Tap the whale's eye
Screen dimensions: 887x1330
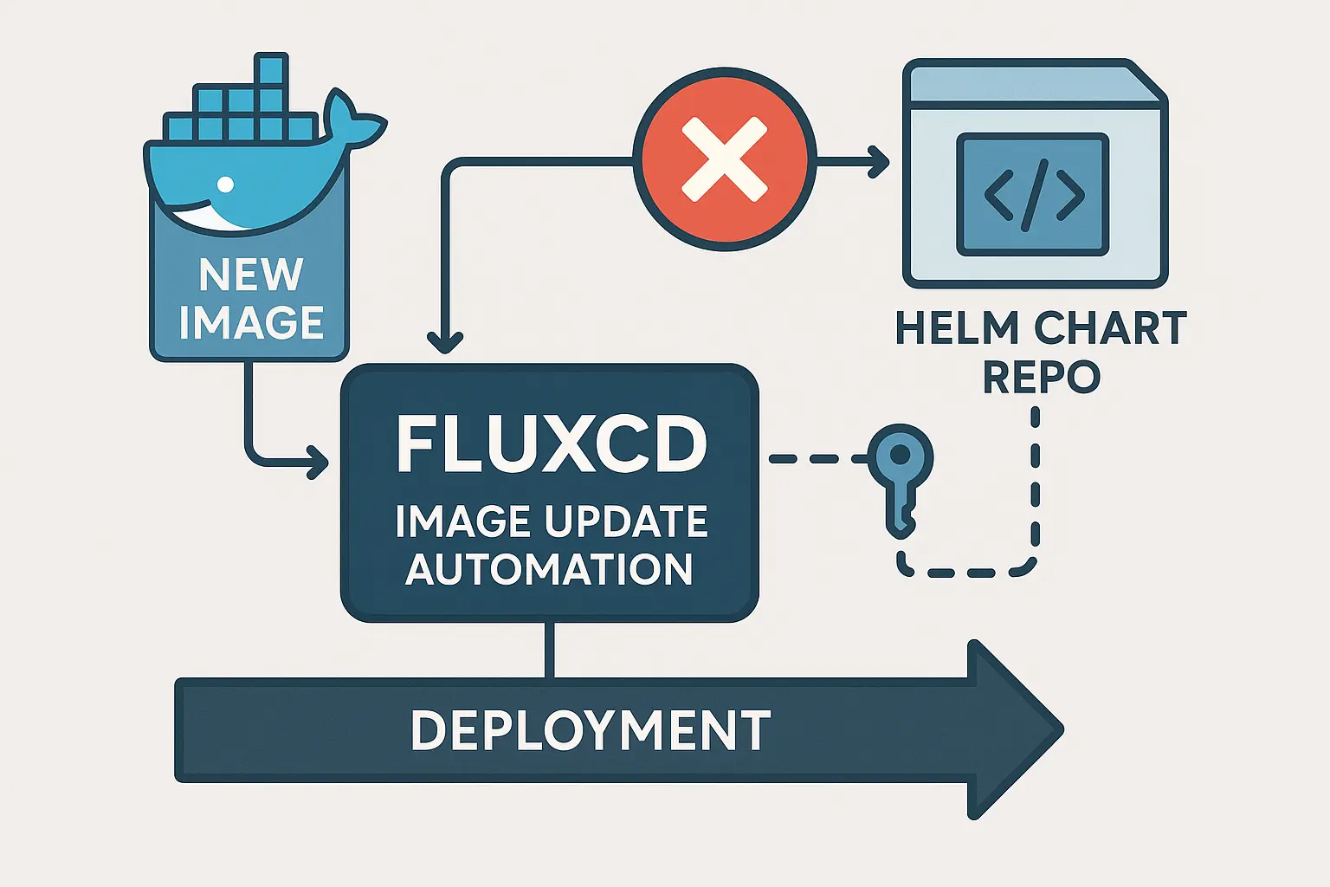pyautogui.click(x=225, y=184)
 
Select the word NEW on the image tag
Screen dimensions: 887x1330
pyautogui.click(x=251, y=275)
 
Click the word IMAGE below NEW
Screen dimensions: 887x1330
pyautogui.click(x=251, y=322)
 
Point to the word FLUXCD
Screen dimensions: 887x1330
pyautogui.click(x=551, y=444)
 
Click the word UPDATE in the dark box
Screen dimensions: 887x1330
pyautogui.click(x=626, y=521)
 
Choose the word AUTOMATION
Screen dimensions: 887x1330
pyautogui.click(x=549, y=569)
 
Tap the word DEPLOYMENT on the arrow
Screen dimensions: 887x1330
pyautogui.click(x=591, y=730)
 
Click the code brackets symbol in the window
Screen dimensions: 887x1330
pyautogui.click(x=1033, y=194)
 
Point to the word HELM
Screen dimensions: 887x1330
pyautogui.click(x=957, y=329)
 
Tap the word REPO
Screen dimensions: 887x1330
pyautogui.click(x=1042, y=377)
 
